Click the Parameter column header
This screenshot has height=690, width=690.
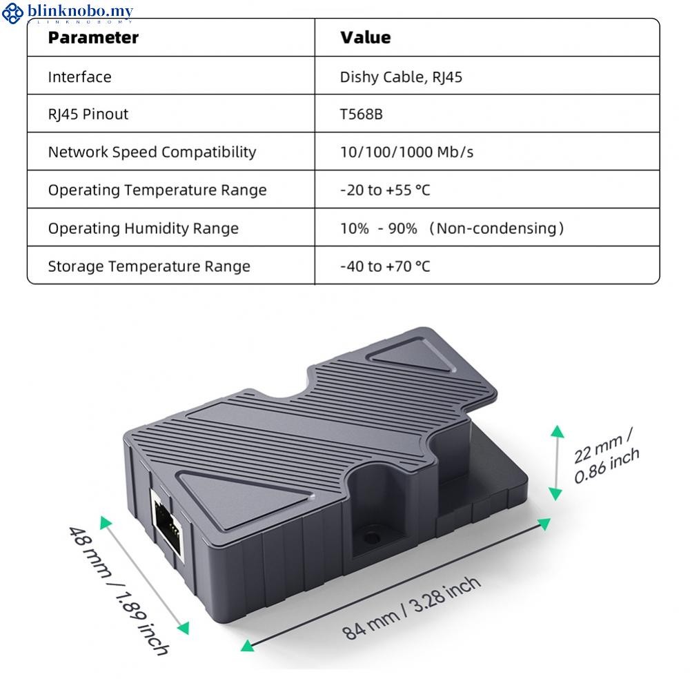click(x=93, y=38)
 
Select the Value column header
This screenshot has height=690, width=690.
click(x=365, y=37)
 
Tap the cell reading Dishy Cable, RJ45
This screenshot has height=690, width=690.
click(x=401, y=77)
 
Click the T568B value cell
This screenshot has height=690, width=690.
click(x=362, y=115)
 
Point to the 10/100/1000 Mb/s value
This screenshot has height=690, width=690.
click(x=406, y=152)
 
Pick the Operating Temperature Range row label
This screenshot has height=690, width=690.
click(x=157, y=190)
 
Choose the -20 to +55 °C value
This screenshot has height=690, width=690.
click(x=385, y=190)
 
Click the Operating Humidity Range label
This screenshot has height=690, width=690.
click(x=143, y=228)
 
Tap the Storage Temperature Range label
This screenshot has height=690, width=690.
click(x=149, y=266)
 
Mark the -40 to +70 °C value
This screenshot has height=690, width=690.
click(x=385, y=266)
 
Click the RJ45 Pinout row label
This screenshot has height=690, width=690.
click(x=88, y=115)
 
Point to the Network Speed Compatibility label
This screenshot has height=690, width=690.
click(x=152, y=152)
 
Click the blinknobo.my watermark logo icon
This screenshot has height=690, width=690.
click(x=12, y=13)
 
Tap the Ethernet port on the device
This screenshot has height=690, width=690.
click(x=167, y=525)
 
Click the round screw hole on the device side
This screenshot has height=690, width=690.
click(x=372, y=538)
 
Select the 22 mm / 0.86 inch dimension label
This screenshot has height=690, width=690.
click(x=606, y=455)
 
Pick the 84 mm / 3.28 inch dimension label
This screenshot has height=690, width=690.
click(x=411, y=608)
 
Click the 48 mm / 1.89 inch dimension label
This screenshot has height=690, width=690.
click(x=119, y=591)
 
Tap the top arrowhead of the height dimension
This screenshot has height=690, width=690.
click(x=557, y=431)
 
